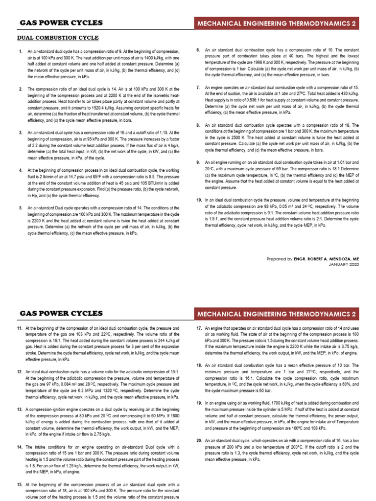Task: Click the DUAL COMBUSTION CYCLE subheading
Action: coord(58,38)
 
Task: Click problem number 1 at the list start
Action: coord(20,51)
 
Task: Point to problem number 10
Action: coord(199,200)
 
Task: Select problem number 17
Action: coord(199,327)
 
